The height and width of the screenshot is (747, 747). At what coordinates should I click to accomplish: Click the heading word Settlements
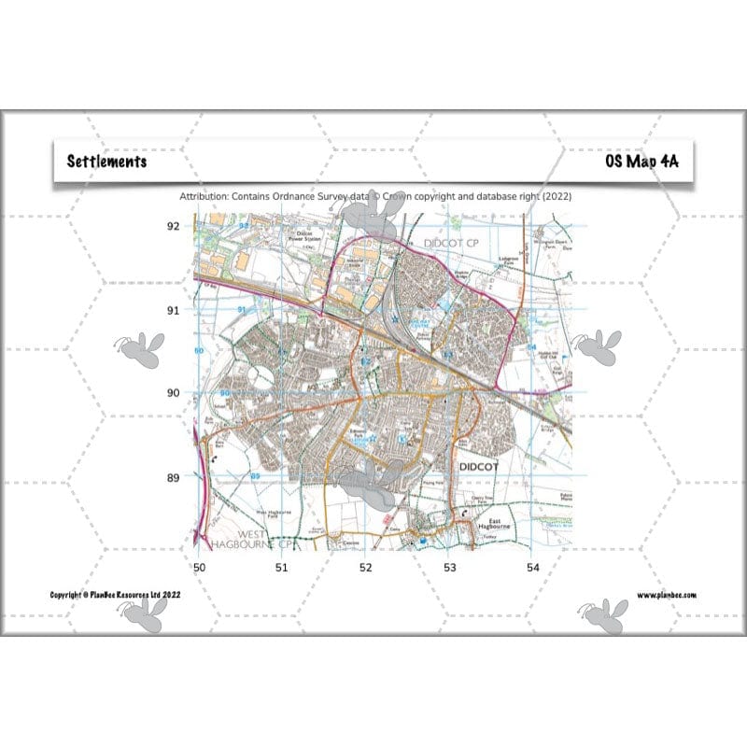(106, 161)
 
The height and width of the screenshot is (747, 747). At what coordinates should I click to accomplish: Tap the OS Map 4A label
(641, 161)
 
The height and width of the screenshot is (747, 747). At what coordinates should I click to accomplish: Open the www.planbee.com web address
(667, 595)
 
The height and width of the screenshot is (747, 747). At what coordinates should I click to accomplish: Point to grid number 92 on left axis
(173, 226)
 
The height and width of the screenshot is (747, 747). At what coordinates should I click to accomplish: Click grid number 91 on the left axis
(173, 310)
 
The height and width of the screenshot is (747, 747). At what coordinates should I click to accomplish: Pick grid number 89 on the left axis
(173, 478)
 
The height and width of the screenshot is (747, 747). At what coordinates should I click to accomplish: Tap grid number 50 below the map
(198, 567)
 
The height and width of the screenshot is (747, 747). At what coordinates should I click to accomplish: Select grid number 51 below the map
(281, 567)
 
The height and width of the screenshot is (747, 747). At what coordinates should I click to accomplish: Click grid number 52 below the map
(365, 567)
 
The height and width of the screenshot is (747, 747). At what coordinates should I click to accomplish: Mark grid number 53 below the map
(449, 567)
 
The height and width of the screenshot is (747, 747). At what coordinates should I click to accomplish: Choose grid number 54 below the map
(532, 567)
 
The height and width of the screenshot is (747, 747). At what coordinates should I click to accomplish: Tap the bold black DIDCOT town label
(481, 463)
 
